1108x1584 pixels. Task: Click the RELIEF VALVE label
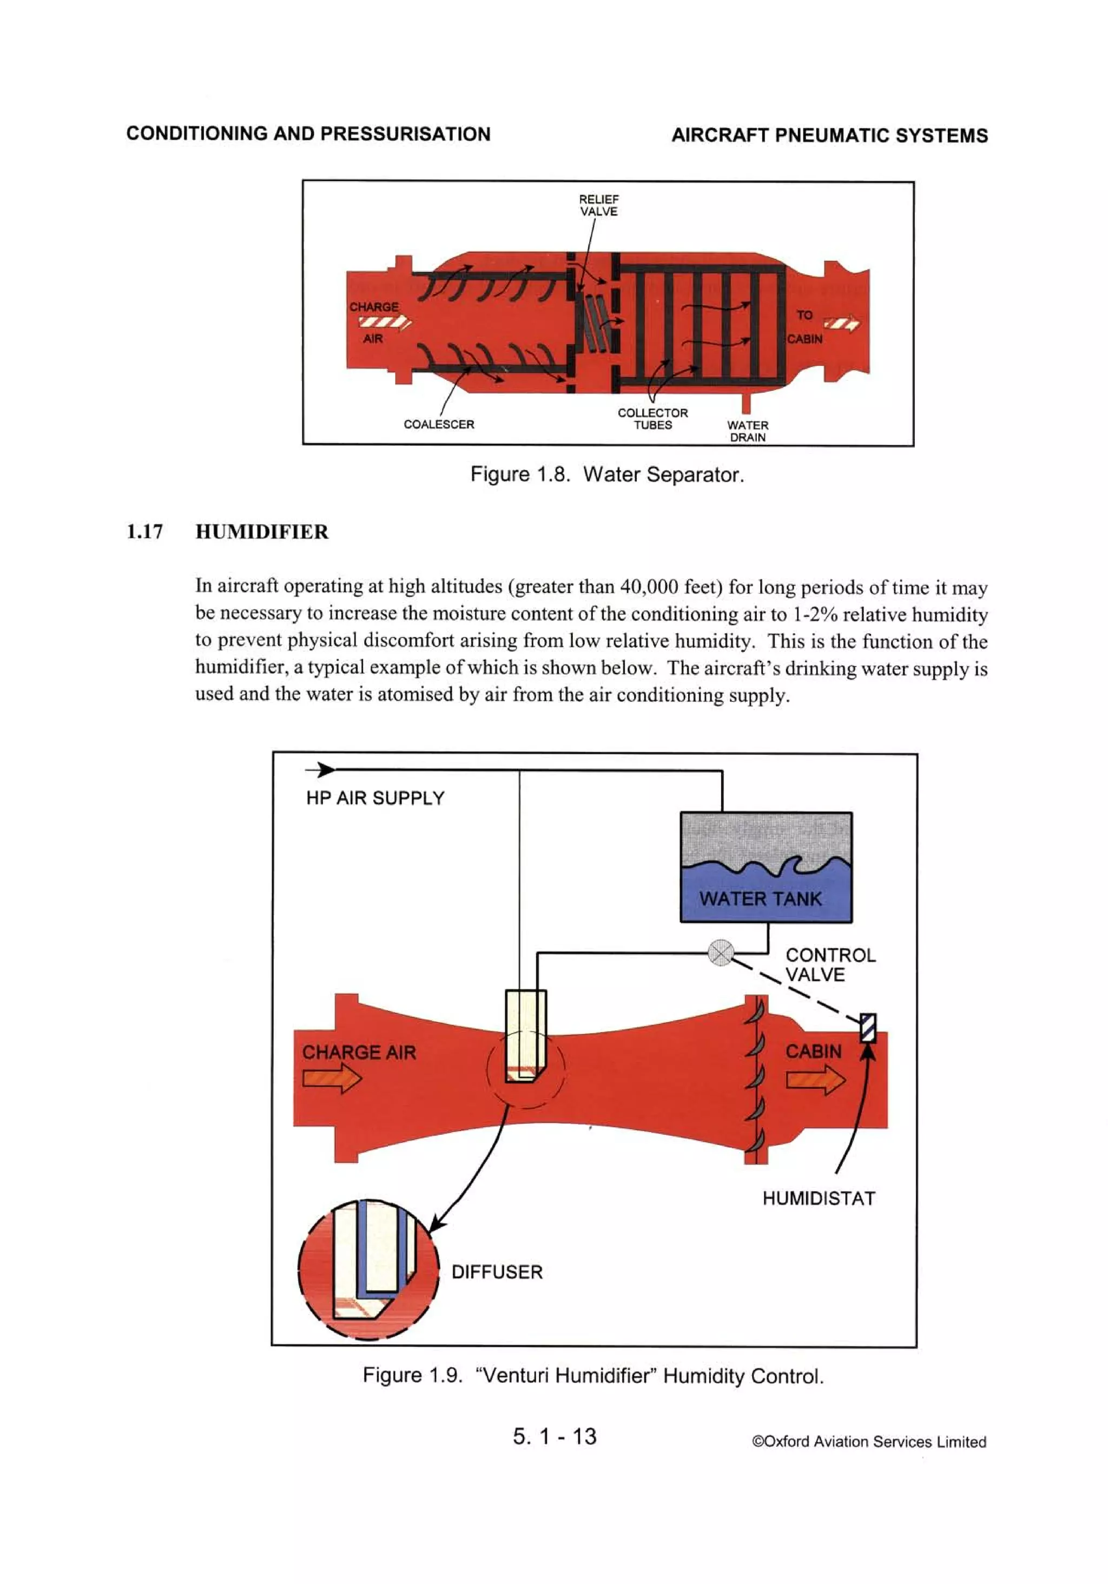pos(598,205)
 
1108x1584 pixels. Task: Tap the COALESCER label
pos(439,424)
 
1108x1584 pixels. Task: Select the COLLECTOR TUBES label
pos(652,418)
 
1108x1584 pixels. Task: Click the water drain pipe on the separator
pos(746,402)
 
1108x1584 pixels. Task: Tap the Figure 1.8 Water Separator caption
pos(606,474)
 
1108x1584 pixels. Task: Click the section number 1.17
pos(145,531)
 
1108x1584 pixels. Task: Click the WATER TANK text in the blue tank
pos(760,898)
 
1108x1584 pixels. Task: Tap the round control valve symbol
pos(720,953)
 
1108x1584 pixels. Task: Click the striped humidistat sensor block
pos(867,1028)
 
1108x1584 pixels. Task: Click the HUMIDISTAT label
pos(818,1198)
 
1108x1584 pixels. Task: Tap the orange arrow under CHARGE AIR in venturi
pos(331,1079)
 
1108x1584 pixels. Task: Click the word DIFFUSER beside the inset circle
pos(497,1272)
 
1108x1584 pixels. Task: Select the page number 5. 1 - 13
pos(554,1436)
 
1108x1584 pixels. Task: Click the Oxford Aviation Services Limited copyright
pos(868,1441)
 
